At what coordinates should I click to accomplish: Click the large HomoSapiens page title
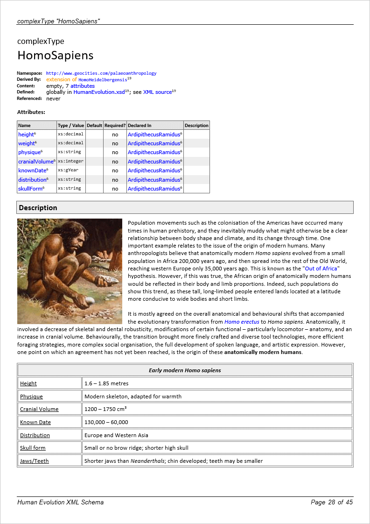coord(56,55)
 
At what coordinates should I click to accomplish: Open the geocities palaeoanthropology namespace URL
coord(101,73)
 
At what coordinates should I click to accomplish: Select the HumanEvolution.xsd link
coord(99,92)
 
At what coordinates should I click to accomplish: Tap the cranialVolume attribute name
coord(36,162)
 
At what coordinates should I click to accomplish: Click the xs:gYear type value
coord(68,170)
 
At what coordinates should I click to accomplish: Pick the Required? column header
coord(115,126)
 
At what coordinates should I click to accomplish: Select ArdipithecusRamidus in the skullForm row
coord(154,189)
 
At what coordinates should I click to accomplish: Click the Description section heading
coord(38,208)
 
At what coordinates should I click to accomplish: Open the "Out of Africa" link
coord(321,269)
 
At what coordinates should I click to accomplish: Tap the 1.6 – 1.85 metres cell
coord(106,383)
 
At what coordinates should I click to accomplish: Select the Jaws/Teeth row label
coord(34,461)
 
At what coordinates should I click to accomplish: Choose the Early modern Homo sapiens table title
coord(185,370)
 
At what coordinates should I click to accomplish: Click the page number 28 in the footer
coord(332,503)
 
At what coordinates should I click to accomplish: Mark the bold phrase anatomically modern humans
coord(263,352)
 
